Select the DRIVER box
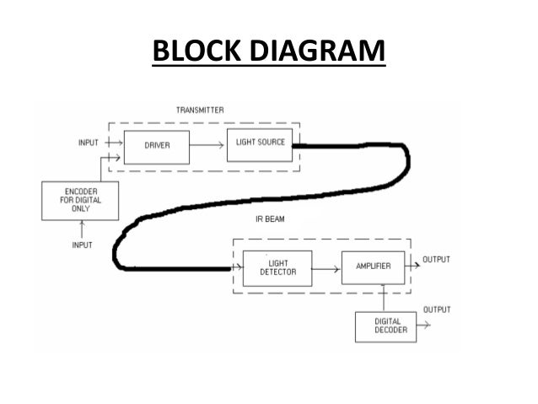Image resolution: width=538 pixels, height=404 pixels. pyautogui.click(x=157, y=146)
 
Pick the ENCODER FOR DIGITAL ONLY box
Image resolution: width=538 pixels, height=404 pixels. pyautogui.click(x=80, y=202)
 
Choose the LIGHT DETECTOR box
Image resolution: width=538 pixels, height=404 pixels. pyautogui.click(x=277, y=267)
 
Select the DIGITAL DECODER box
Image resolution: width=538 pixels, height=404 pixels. pyautogui.click(x=385, y=326)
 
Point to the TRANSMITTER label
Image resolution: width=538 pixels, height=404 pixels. pyautogui.click(x=200, y=110)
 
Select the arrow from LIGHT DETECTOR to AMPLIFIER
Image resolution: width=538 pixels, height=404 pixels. pyautogui.click(x=326, y=267)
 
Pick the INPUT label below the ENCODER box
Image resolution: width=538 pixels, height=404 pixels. pyautogui.click(x=81, y=244)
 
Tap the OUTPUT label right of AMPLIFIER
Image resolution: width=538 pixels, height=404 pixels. pyautogui.click(x=437, y=258)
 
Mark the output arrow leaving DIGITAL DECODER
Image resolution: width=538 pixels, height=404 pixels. pyautogui.click(x=424, y=324)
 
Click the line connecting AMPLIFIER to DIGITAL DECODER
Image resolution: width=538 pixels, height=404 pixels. pyautogui.click(x=385, y=297)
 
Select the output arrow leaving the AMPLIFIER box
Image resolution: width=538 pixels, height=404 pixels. pyautogui.click(x=413, y=265)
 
